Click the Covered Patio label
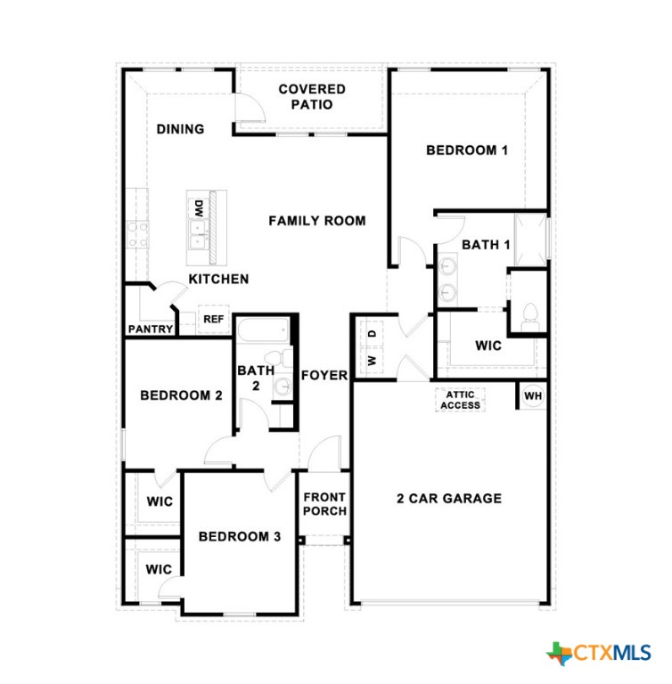point(312,97)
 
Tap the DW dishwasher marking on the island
point(199,209)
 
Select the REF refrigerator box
point(214,320)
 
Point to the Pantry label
point(151,329)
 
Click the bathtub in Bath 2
point(263,331)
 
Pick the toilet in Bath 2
point(279,357)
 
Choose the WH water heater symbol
point(533,395)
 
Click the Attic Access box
point(460,400)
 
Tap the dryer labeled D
point(372,334)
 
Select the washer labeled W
point(372,361)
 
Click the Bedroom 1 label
point(467,151)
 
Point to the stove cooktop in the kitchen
point(137,235)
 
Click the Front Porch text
point(324,504)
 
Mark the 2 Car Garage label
point(449,498)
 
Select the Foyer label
point(324,375)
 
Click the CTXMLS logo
point(598,654)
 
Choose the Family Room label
point(317,221)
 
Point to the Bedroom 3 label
point(239,536)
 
